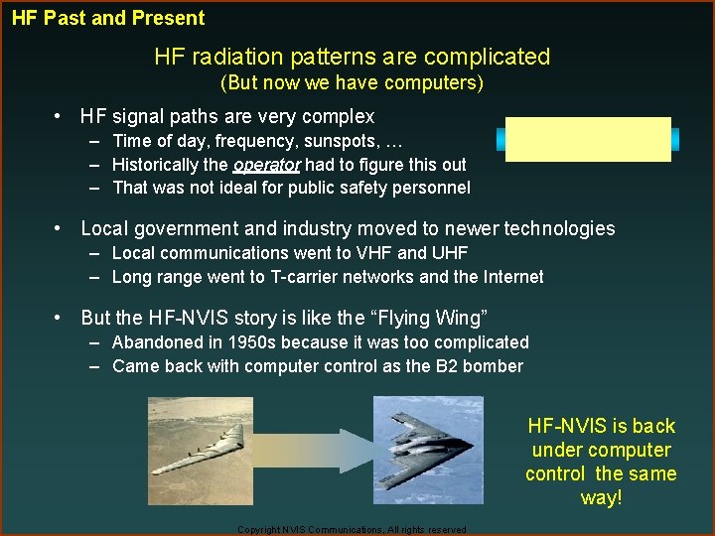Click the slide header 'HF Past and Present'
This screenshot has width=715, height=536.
[x=108, y=18]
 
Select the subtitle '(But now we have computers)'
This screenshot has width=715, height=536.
[x=352, y=82]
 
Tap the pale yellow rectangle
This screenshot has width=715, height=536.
[x=588, y=138]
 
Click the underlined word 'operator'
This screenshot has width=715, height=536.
[x=266, y=165]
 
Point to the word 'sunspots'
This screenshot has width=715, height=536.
[x=367, y=141]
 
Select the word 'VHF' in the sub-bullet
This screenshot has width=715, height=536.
[x=359, y=253]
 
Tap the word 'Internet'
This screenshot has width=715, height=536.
[x=510, y=277]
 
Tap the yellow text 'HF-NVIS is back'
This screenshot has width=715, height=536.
[x=601, y=426]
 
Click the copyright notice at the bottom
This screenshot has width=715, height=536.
[x=352, y=530]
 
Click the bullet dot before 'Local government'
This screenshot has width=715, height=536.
[x=61, y=228]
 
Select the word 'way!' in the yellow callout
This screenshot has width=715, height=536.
[x=601, y=497]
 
